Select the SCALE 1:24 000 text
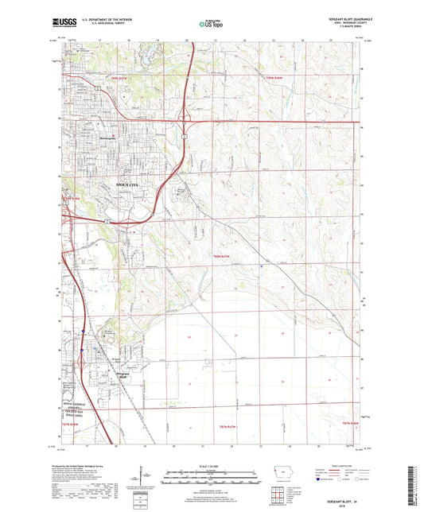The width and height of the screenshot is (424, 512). pyautogui.click(x=211, y=467)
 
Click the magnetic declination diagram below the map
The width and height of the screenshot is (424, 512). pyautogui.click(x=143, y=475)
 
